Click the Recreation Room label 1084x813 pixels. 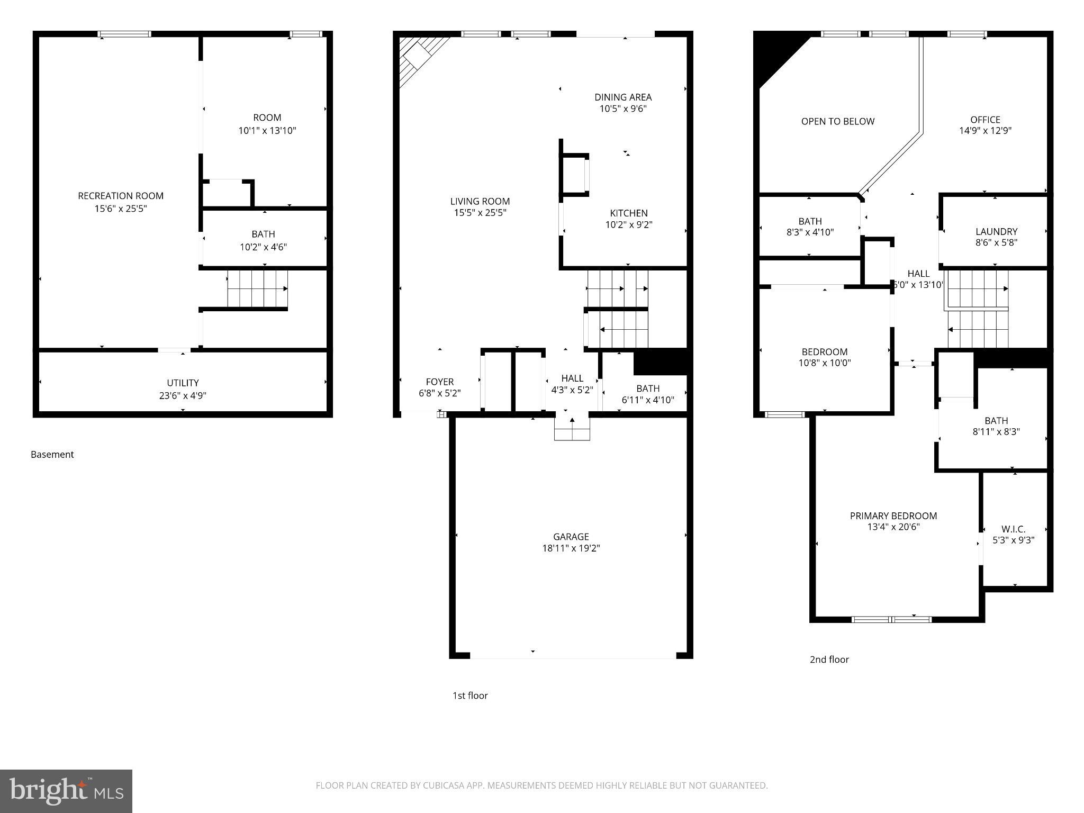click(x=121, y=196)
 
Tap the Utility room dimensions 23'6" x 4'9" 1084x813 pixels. click(x=183, y=395)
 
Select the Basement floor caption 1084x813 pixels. click(x=52, y=454)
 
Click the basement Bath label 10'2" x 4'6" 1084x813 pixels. click(x=263, y=240)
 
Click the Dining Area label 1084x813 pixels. click(x=623, y=97)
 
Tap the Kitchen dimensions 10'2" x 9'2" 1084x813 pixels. click(x=629, y=224)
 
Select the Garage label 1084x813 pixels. click(x=571, y=537)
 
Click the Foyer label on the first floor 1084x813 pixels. click(x=440, y=382)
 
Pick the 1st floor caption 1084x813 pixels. click(x=469, y=695)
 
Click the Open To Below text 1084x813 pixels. click(x=837, y=121)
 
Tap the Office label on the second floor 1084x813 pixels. click(x=985, y=120)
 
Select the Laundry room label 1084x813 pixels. click(x=996, y=231)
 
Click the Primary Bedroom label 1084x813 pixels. click(x=893, y=516)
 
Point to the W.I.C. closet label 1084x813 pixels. click(x=1013, y=529)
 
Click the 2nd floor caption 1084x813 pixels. click(x=829, y=660)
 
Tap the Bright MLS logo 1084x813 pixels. click(x=66, y=791)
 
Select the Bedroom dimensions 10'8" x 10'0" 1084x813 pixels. click(x=825, y=363)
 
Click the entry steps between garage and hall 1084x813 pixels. click(x=572, y=428)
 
